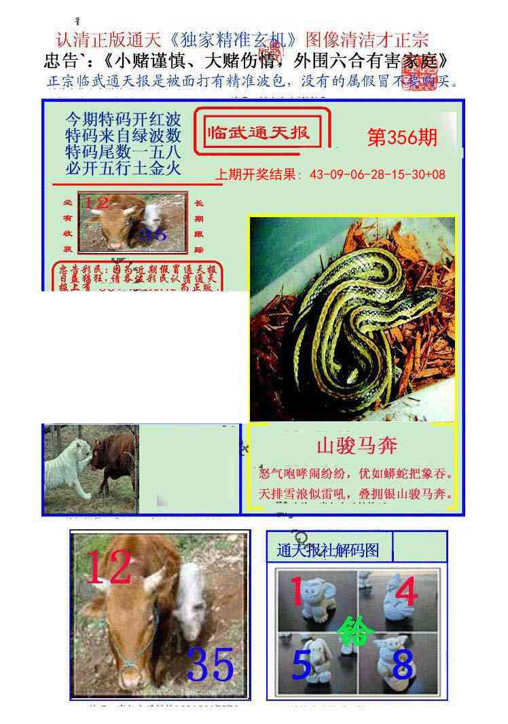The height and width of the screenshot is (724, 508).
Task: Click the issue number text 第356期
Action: [x=402, y=138]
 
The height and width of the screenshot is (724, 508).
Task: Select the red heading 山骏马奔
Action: [x=357, y=446]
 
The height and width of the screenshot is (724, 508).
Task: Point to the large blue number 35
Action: [x=211, y=664]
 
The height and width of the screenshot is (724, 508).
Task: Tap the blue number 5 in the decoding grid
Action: [x=301, y=665]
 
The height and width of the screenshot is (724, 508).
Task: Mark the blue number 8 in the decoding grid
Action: [x=402, y=665]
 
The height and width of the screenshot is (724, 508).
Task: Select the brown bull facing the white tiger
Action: [x=114, y=458]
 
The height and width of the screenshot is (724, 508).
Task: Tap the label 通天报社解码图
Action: [x=328, y=551]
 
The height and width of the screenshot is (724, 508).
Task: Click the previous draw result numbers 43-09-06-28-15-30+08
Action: [x=377, y=174]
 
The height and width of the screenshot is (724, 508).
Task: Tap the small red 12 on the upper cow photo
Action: [x=96, y=203]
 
